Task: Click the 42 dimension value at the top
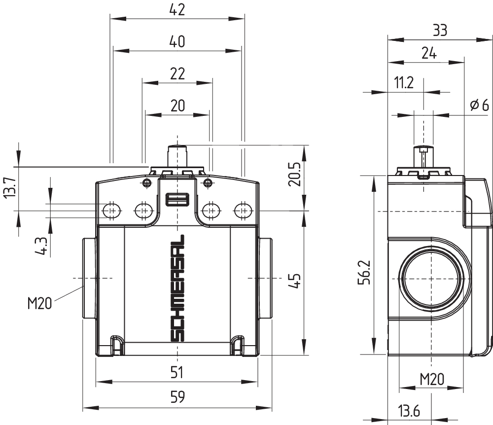tap(177, 10)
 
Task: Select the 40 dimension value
tap(177, 42)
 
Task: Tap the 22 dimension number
tap(177, 74)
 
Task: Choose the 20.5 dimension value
tap(295, 174)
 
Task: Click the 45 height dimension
tap(295, 281)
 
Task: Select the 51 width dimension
tap(176, 373)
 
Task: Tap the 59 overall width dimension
tap(177, 397)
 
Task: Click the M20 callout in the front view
tap(39, 304)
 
